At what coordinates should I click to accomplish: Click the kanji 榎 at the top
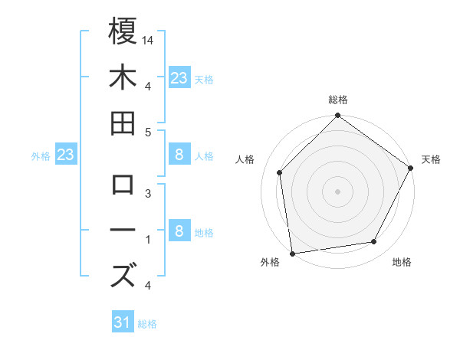pyautogui.click(x=123, y=31)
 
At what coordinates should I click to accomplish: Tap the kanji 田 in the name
pyautogui.click(x=123, y=123)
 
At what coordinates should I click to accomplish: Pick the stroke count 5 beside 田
pyautogui.click(x=148, y=132)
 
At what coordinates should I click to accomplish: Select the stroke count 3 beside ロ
pyautogui.click(x=148, y=194)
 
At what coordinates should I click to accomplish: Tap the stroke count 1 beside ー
pyautogui.click(x=148, y=240)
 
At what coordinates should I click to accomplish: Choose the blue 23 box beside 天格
pyautogui.click(x=179, y=77)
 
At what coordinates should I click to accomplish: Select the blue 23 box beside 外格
pyautogui.click(x=66, y=155)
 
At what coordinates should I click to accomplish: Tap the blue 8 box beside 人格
pyautogui.click(x=179, y=155)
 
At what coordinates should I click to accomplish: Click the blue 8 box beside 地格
pyautogui.click(x=179, y=232)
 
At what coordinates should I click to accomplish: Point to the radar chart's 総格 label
pyautogui.click(x=338, y=100)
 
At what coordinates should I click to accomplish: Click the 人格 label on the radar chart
pyautogui.click(x=245, y=159)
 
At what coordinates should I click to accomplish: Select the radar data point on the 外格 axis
pyautogui.click(x=292, y=254)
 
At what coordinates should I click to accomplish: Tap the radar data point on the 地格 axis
pyautogui.click(x=374, y=242)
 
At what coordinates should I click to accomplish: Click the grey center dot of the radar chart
pyautogui.click(x=338, y=191)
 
